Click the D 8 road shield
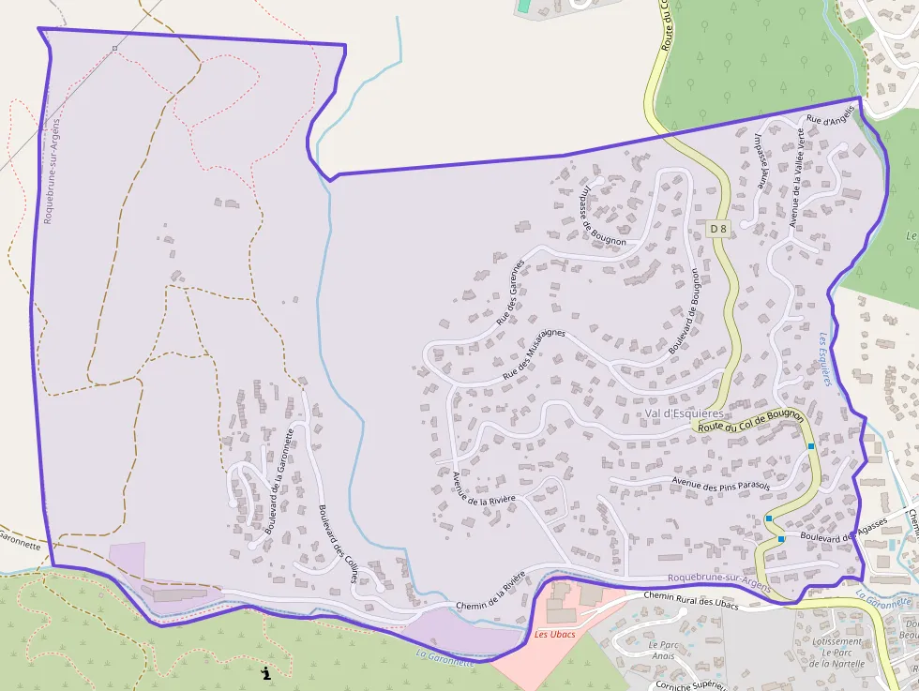point(718,229)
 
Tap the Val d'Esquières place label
point(685,413)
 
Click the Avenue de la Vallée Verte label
point(797,177)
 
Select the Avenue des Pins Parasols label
point(720,484)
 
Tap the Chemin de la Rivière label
point(490,596)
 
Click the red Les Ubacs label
point(554,634)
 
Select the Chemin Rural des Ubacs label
point(691,600)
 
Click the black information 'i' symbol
point(266,672)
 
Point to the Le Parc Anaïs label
point(663,651)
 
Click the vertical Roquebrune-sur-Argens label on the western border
point(51,172)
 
